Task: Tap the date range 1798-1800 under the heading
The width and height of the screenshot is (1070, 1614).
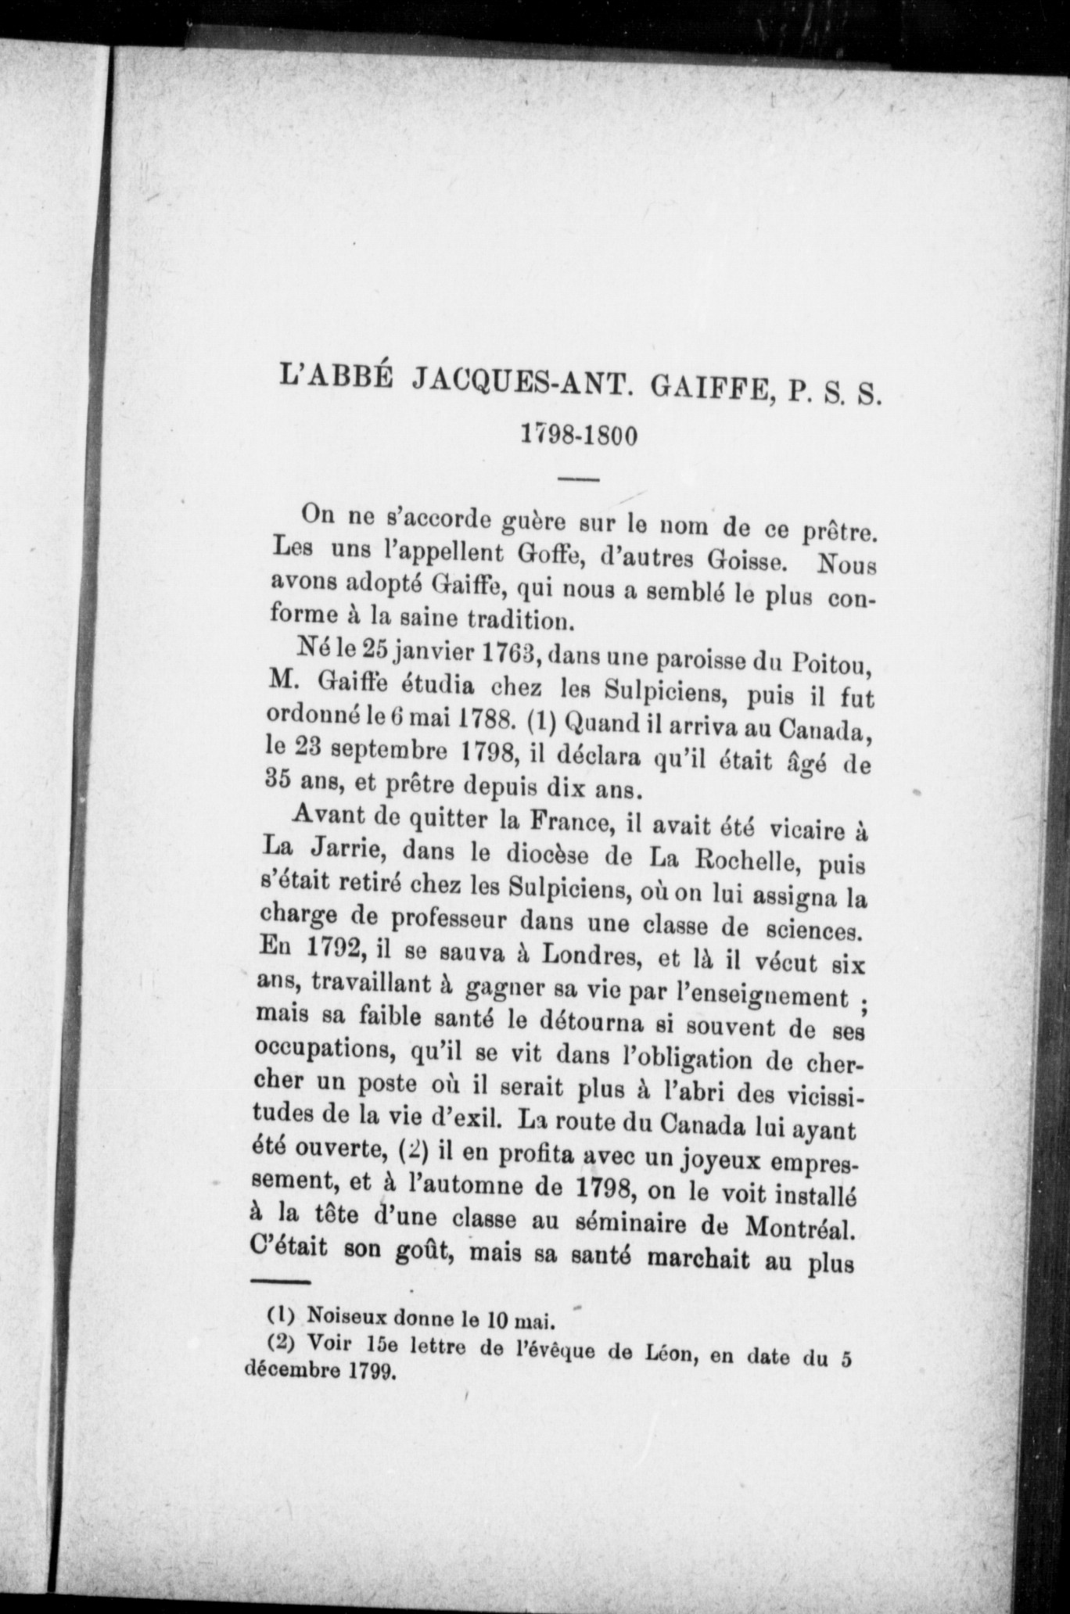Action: (580, 435)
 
